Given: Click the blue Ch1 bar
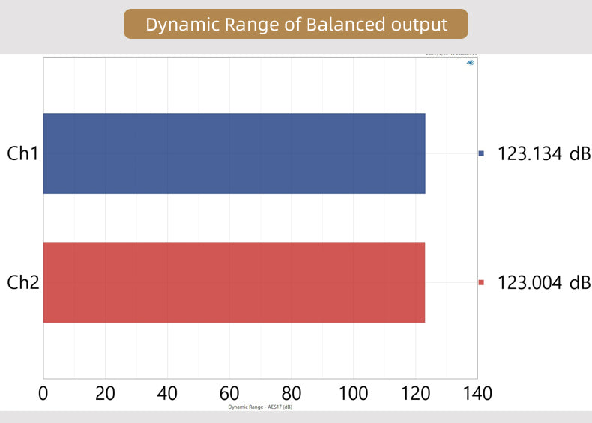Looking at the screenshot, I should pyautogui.click(x=234, y=153).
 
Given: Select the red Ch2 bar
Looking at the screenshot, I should pyautogui.click(x=234, y=282).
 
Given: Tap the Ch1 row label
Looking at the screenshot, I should pyautogui.click(x=22, y=153).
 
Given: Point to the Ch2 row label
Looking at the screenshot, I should pyautogui.click(x=22, y=282).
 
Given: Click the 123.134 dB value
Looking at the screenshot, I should pyautogui.click(x=544, y=153).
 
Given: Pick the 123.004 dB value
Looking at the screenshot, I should pyautogui.click(x=544, y=282).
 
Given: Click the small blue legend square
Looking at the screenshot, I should pyautogui.click(x=482, y=153).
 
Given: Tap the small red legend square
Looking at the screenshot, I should pyautogui.click(x=482, y=282).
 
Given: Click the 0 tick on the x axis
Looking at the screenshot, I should pyautogui.click(x=43, y=393).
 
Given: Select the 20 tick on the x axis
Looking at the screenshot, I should pyautogui.click(x=106, y=393).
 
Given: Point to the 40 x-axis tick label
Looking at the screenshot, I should pyautogui.click(x=167, y=393).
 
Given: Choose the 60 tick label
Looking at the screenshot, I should pyautogui.click(x=229, y=393).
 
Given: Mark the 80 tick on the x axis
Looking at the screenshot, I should pyautogui.click(x=292, y=393).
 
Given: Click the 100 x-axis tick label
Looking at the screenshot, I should pyautogui.click(x=353, y=393).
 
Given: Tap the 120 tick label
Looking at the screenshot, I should pyautogui.click(x=415, y=393).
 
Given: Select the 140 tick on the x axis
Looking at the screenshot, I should pyautogui.click(x=477, y=393).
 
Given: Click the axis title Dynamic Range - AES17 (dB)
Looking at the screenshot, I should pyautogui.click(x=260, y=407).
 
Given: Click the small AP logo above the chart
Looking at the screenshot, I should pyautogui.click(x=471, y=63).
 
